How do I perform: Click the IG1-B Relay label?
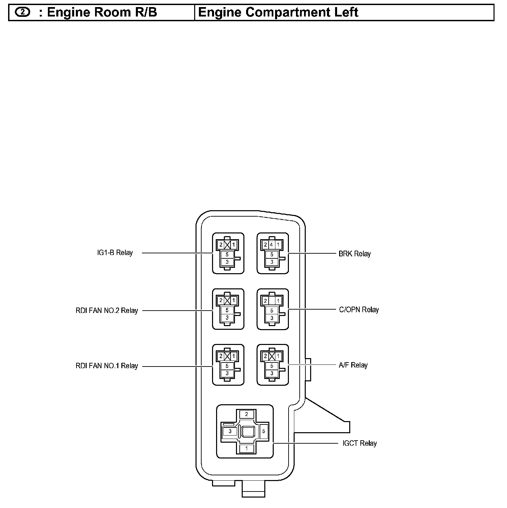pos(115,253)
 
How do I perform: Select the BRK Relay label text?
pos(354,254)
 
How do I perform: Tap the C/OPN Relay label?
pos(359,310)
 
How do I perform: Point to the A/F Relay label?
pos(353,365)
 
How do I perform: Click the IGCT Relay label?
pos(359,443)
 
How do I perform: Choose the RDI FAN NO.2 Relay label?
pos(107,311)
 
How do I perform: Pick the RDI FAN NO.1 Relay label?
pos(107,366)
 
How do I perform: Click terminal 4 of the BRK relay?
pos(272,245)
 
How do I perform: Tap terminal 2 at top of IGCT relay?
pos(246,414)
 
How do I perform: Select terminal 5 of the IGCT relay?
pos(264,431)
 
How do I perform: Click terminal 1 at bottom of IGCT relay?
pos(246,449)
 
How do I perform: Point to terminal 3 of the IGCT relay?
pos(230,431)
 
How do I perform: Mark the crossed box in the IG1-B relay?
pos(227,245)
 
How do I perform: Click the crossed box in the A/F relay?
pos(272,356)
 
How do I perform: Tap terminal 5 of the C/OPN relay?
pos(272,310)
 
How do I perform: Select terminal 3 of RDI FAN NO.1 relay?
pos(227,373)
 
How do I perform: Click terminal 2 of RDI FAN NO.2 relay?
pos(221,300)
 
